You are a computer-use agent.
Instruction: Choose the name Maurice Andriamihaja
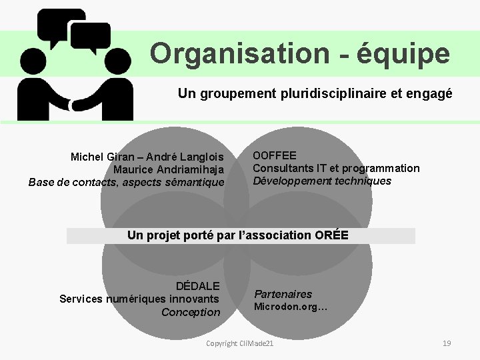tap(169, 169)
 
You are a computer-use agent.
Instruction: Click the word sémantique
tap(194, 181)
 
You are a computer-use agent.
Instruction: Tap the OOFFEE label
tap(275, 156)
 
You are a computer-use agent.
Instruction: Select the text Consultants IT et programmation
tap(336, 168)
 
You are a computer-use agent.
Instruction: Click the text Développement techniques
tap(322, 180)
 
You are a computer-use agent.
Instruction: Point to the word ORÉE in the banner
tap(331, 235)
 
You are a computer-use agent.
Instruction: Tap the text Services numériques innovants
tap(139, 299)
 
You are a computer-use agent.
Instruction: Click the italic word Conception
tap(191, 312)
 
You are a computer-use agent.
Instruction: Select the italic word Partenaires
tap(283, 294)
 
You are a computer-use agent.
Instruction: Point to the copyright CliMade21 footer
tap(240, 343)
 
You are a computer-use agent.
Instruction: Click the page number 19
tap(447, 343)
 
